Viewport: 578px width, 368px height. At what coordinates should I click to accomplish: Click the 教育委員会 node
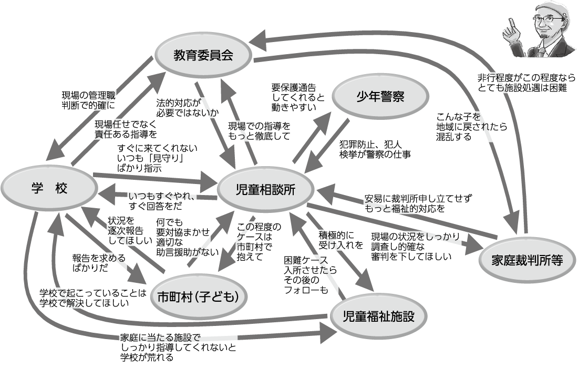coord(203,55)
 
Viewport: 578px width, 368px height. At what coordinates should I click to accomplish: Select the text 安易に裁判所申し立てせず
coord(418,199)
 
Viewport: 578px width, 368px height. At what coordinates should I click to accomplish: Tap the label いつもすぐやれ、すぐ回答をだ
coord(163,202)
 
